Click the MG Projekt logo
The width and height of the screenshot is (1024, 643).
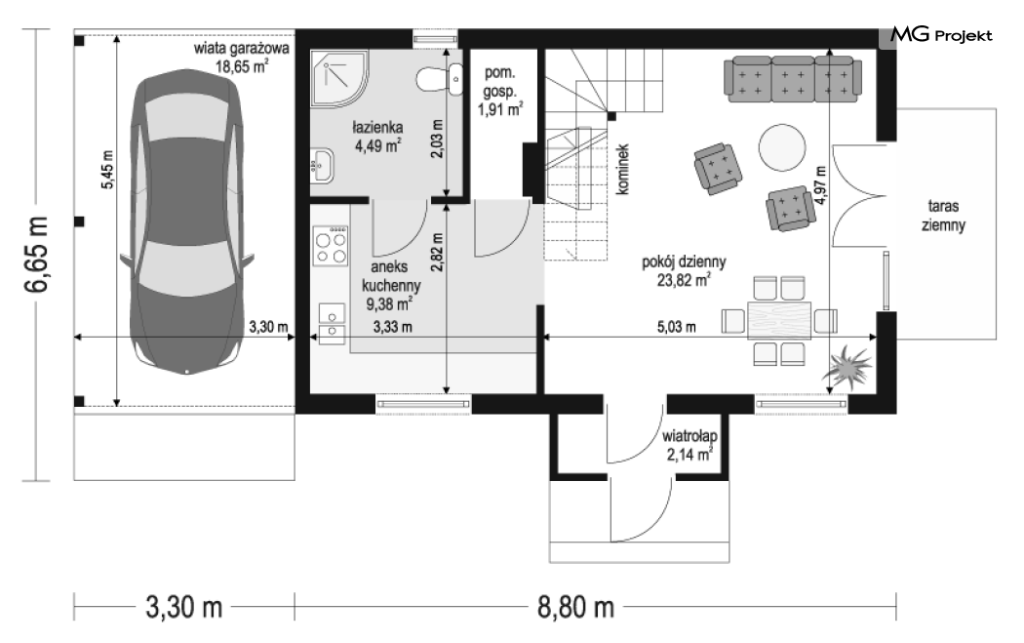point(941,34)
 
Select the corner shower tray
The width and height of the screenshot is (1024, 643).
point(339,77)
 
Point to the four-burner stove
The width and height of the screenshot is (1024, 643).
point(331,246)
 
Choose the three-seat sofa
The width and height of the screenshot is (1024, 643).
point(793,79)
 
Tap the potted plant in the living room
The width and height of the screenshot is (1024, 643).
point(847,369)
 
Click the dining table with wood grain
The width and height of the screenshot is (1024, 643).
point(779,321)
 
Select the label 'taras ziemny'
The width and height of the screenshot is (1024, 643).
point(943,216)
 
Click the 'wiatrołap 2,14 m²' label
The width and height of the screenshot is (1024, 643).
point(689,445)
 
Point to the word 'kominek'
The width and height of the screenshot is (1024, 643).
point(622,169)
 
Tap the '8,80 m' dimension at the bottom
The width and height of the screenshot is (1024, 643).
point(576,607)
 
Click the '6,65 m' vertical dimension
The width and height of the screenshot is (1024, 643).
point(37,254)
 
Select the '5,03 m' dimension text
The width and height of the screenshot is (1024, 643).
point(677,327)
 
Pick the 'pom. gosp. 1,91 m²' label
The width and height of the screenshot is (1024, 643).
point(499,92)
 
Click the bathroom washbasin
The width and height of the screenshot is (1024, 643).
point(322,164)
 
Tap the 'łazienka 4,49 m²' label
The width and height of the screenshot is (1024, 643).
point(377,136)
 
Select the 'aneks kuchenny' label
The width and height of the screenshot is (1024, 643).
point(390,276)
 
